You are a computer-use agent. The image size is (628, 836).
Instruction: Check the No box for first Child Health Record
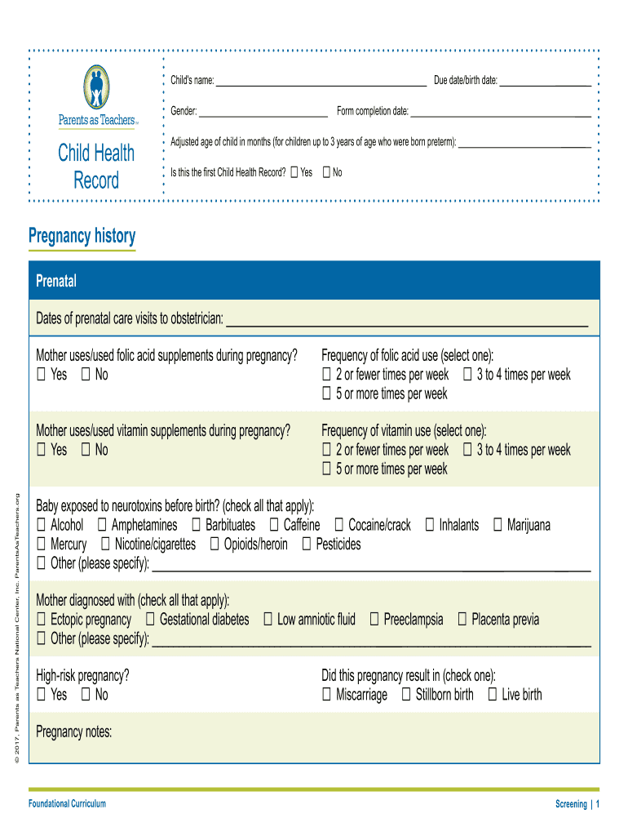pos(326,172)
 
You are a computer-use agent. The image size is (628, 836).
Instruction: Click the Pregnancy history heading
pos(82,236)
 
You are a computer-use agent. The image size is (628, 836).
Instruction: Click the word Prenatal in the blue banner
pos(56,282)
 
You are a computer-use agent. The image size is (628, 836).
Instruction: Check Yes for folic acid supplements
pos(41,376)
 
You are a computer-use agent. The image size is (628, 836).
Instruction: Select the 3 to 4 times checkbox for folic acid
pos(467,376)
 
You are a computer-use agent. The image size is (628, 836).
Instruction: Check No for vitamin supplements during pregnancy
pos(86,451)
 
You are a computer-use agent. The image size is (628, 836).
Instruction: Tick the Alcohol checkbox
pos(41,526)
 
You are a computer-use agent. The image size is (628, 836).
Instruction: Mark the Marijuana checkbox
pos(498,526)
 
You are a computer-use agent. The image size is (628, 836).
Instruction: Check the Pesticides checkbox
pos(307,545)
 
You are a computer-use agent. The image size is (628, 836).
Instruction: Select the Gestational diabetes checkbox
pos(150,620)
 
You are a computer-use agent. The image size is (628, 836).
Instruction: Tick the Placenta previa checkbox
pos(462,620)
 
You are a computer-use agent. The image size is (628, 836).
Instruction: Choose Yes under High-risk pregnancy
pos(41,696)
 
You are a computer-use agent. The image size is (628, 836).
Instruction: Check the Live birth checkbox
pos(492,696)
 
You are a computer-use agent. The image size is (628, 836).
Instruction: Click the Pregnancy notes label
pos(73,732)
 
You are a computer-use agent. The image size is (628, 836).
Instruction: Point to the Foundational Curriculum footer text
pos(67,804)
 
